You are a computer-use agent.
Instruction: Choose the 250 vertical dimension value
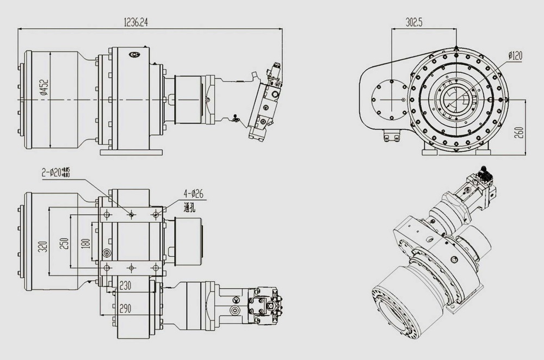[64, 243]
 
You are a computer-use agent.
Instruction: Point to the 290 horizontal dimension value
[126, 308]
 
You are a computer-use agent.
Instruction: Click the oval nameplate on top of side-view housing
[134, 54]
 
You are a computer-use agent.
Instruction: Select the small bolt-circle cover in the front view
[388, 100]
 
